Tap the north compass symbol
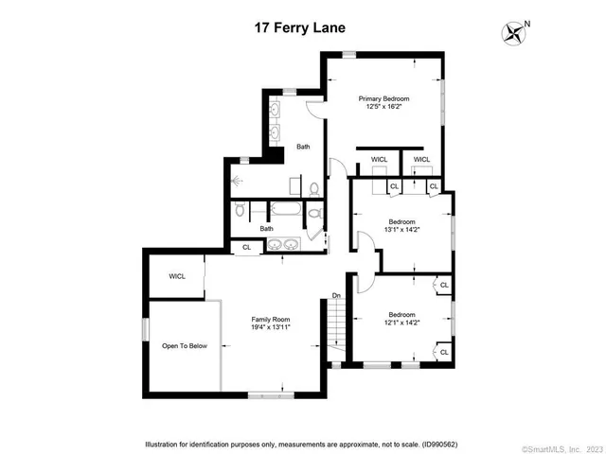(x=514, y=33)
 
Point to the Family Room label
(x=270, y=319)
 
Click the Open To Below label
(x=184, y=346)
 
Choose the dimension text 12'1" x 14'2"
(x=401, y=323)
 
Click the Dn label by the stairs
(x=336, y=297)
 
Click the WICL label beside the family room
(x=177, y=276)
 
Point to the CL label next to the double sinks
(x=246, y=247)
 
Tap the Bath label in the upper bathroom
(x=303, y=147)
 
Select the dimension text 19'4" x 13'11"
(x=270, y=327)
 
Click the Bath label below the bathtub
(x=267, y=227)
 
